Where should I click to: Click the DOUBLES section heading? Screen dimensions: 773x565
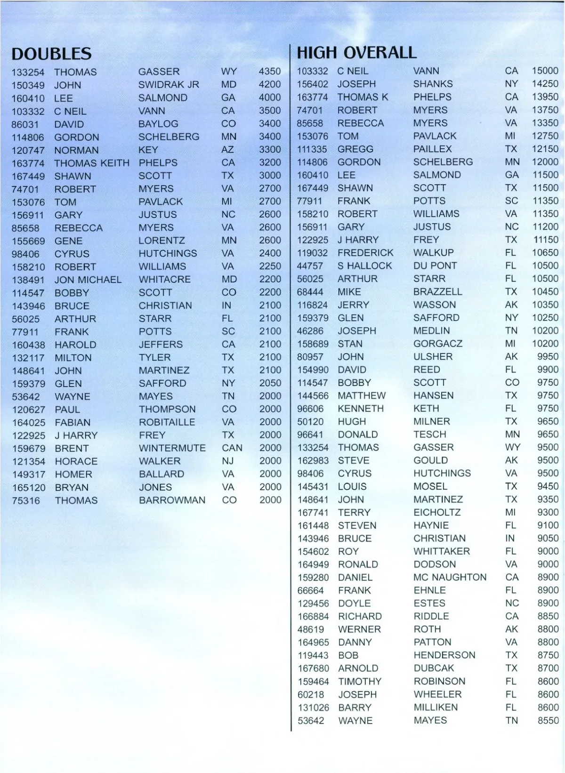tap(51, 54)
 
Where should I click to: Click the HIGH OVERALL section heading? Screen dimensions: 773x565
tap(356, 52)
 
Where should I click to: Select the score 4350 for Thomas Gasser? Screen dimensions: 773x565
tap(269, 72)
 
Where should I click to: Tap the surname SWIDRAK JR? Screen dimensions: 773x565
tap(169, 85)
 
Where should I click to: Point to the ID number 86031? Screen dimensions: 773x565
tap(24, 124)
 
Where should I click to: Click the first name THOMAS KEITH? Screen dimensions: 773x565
tap(91, 163)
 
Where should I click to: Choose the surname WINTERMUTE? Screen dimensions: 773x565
tap(172, 448)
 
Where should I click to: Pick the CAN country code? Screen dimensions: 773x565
tap(232, 448)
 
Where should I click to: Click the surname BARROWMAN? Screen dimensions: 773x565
tap(172, 500)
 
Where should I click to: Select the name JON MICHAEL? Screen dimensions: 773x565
tap(88, 280)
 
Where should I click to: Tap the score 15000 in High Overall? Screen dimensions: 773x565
tap(545, 71)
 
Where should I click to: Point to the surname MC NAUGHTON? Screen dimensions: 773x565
tap(450, 577)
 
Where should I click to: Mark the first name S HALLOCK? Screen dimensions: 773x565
tap(364, 266)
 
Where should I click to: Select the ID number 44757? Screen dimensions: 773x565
tap(310, 266)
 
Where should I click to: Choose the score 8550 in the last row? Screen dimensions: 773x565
tap(548, 720)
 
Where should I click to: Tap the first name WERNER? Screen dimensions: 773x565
tap(359, 629)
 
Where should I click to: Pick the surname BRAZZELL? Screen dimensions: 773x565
tap(437, 291)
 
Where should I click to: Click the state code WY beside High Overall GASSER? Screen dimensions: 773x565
tap(512, 447)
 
